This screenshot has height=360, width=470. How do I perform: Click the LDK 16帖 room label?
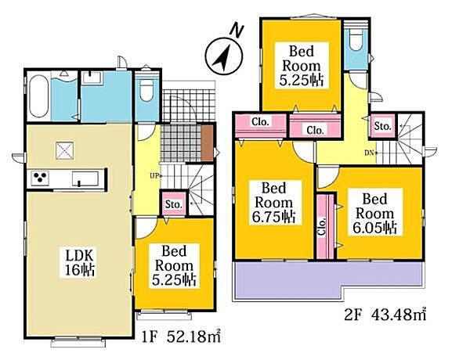80,262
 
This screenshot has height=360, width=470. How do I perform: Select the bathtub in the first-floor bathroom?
38,95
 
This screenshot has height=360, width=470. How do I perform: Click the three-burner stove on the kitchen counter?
40,178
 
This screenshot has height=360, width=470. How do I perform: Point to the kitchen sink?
85,178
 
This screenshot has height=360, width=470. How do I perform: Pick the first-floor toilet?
146,87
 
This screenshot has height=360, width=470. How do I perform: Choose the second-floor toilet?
356,42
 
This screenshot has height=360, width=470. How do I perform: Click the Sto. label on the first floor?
174,204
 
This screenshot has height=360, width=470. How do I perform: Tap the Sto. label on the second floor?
382,126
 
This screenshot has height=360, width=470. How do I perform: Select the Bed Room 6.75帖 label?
273,203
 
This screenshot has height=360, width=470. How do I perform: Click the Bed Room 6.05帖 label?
374,214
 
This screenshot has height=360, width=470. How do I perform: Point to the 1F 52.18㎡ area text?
181,337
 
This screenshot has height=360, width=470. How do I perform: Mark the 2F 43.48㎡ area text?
385,315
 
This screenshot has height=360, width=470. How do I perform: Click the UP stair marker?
156,176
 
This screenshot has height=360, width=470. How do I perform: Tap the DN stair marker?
371,153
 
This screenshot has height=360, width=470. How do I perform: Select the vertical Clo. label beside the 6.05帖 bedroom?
322,227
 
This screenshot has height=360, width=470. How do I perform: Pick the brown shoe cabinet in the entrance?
207,143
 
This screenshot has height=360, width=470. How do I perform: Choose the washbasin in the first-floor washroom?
92,78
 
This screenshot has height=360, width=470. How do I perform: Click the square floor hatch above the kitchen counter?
64,150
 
